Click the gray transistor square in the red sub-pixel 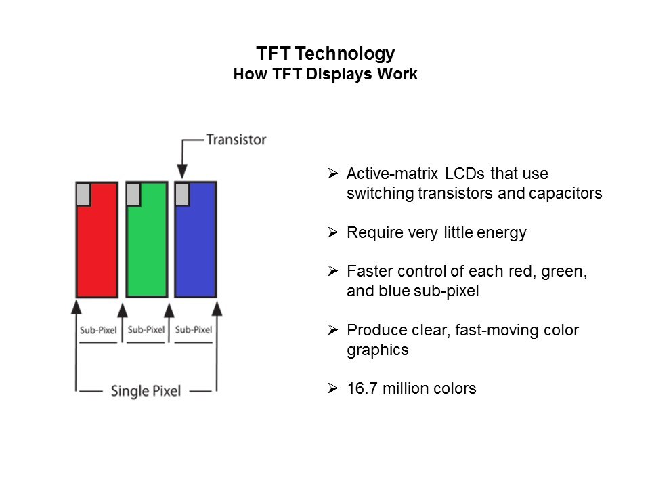83,195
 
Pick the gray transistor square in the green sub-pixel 133,195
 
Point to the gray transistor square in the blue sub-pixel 182,195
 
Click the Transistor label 236,140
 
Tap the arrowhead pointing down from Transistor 182,171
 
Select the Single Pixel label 146,391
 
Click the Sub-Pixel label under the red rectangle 98,330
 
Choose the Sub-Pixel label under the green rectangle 146,330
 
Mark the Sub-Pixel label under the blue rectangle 194,330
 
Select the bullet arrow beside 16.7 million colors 332,388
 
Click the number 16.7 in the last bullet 362,388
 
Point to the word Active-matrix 392,174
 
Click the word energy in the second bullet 502,233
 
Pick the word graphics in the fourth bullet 378,350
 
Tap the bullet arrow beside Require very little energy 332,232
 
